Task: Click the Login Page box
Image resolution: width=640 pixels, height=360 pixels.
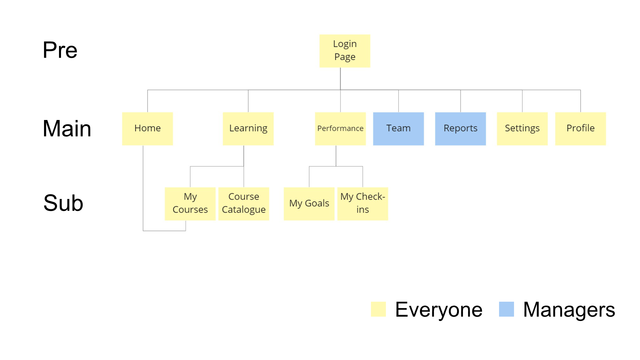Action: click(x=345, y=51)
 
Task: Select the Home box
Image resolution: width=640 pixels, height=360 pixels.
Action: click(x=147, y=128)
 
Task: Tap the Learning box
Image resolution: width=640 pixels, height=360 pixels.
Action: click(x=248, y=128)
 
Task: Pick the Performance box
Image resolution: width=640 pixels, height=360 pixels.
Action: click(x=340, y=128)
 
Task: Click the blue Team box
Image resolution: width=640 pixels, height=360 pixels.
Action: click(x=398, y=128)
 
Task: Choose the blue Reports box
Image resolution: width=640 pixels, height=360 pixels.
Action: click(x=460, y=128)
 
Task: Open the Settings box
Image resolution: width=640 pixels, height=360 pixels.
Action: click(x=522, y=128)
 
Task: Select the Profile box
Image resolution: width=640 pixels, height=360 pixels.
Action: click(x=580, y=128)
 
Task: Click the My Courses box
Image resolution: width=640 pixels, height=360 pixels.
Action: click(x=190, y=203)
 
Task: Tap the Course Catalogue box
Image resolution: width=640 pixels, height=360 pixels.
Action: click(x=244, y=203)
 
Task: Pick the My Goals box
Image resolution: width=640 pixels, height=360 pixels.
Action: click(x=309, y=203)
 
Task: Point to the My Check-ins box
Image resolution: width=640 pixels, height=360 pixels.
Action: click(x=363, y=203)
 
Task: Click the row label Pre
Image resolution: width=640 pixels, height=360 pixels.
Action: click(x=60, y=50)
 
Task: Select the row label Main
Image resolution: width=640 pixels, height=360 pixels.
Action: click(x=67, y=129)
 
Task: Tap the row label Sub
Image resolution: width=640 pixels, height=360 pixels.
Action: click(x=63, y=203)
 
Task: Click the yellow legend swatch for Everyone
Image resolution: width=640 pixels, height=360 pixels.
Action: click(x=378, y=309)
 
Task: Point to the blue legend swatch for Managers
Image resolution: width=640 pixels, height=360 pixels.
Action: click(x=506, y=309)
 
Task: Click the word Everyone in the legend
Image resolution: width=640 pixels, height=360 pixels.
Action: click(x=439, y=310)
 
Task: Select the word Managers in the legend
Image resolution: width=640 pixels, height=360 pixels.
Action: click(x=569, y=310)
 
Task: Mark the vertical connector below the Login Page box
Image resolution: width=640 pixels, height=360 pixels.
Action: click(x=340, y=79)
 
